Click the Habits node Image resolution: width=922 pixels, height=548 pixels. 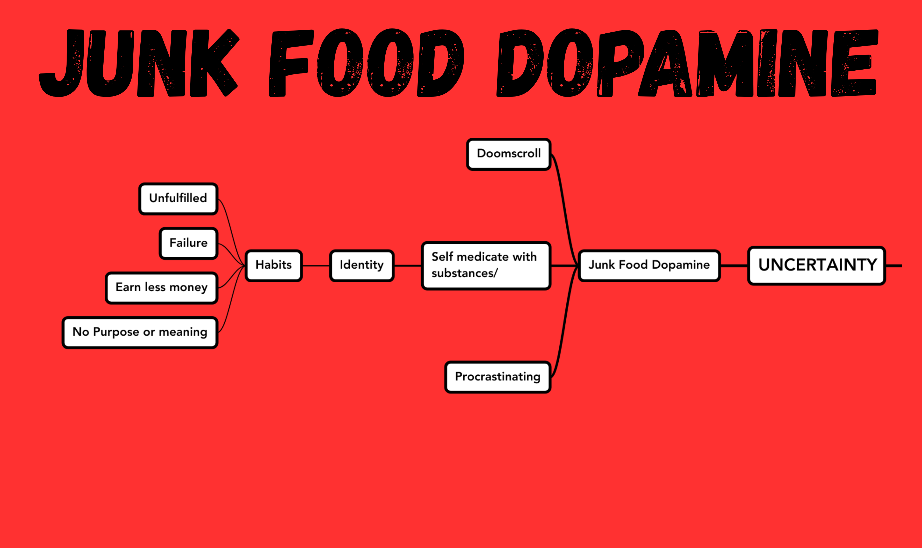coord(274,265)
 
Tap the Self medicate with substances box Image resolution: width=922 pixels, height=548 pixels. coord(486,265)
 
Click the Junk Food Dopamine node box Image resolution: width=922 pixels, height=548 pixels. coord(649,265)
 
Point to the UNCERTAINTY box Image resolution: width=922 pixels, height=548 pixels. coord(817,265)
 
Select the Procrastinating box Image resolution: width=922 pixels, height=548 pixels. coord(498,377)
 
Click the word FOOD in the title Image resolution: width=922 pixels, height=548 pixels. coord(366,63)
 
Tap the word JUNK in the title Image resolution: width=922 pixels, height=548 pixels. coord(139,63)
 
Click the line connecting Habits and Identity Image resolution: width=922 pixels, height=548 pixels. coord(316,265)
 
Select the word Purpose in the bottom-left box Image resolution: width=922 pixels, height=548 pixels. coord(116,332)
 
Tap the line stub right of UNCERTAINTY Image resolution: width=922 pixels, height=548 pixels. coord(894,265)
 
